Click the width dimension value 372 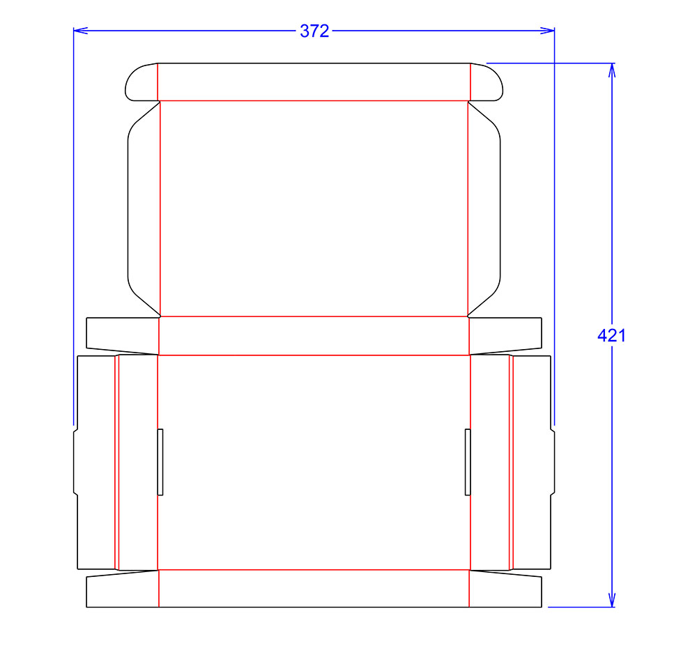click(314, 31)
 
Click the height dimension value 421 click(612, 335)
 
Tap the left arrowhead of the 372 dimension click(80, 31)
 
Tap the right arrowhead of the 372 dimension click(547, 31)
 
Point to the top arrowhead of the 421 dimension click(612, 70)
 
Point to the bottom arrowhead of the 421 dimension click(612, 599)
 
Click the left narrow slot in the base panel click(160, 462)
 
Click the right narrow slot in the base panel click(468, 462)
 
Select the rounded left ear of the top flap click(141, 82)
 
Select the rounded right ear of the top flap click(487, 82)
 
